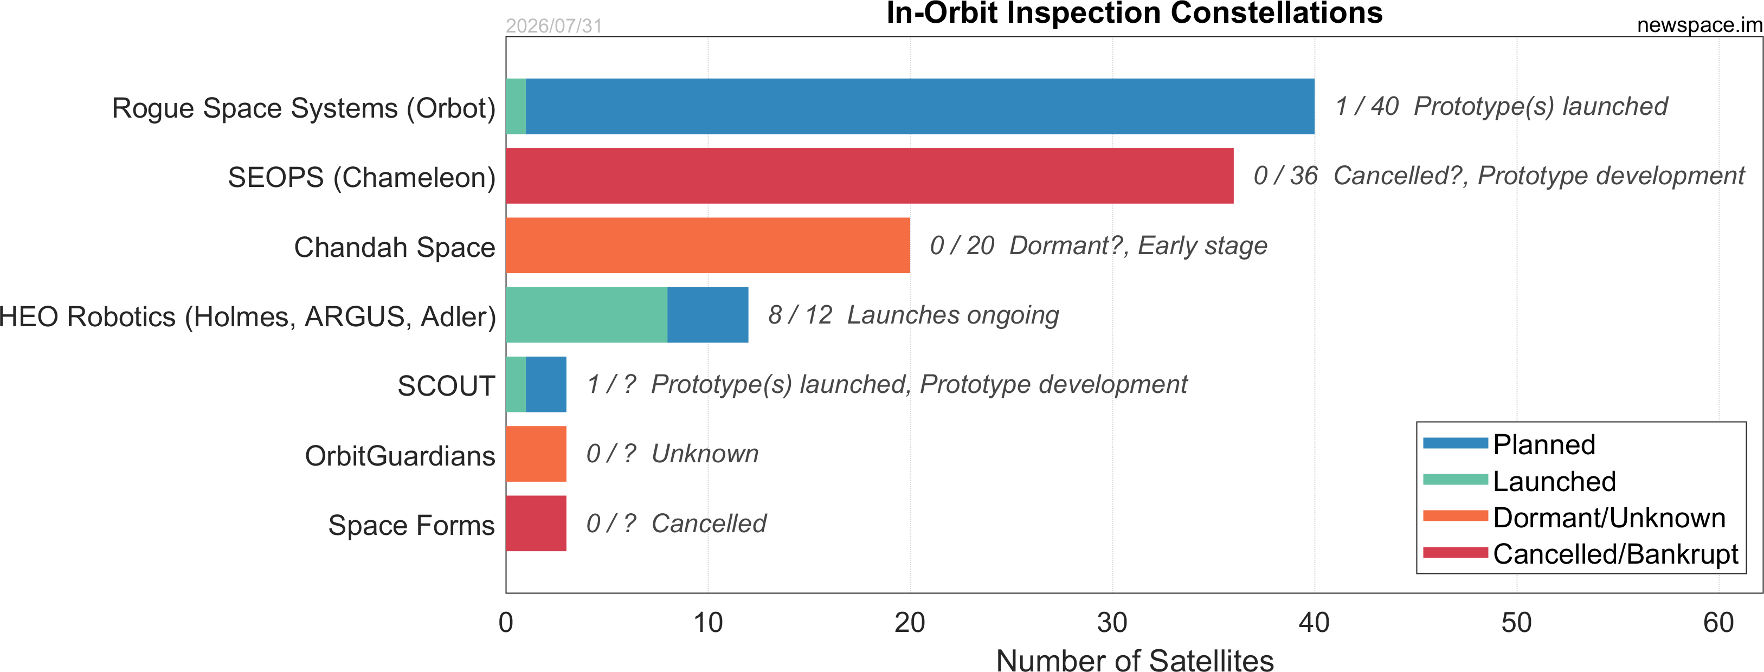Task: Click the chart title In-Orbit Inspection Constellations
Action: [x=1135, y=13]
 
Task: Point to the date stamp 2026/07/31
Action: [x=554, y=26]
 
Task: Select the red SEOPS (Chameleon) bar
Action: [x=870, y=176]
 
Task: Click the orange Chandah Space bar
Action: [x=708, y=245]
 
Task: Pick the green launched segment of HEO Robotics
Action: [x=587, y=315]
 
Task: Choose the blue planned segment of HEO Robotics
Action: [x=708, y=315]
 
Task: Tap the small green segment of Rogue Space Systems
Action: [x=516, y=106]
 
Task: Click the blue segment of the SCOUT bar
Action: [x=546, y=385]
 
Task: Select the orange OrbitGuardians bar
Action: [x=536, y=454]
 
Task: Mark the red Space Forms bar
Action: [x=536, y=524]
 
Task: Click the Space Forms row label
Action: [x=411, y=526]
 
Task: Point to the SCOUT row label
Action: [x=447, y=386]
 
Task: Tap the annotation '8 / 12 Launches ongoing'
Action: [x=913, y=315]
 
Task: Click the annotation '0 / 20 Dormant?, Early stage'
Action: [x=1098, y=245]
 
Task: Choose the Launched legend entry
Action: [x=1520, y=481]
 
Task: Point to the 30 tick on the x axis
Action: [x=1112, y=623]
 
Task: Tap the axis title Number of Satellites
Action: [x=1135, y=661]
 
